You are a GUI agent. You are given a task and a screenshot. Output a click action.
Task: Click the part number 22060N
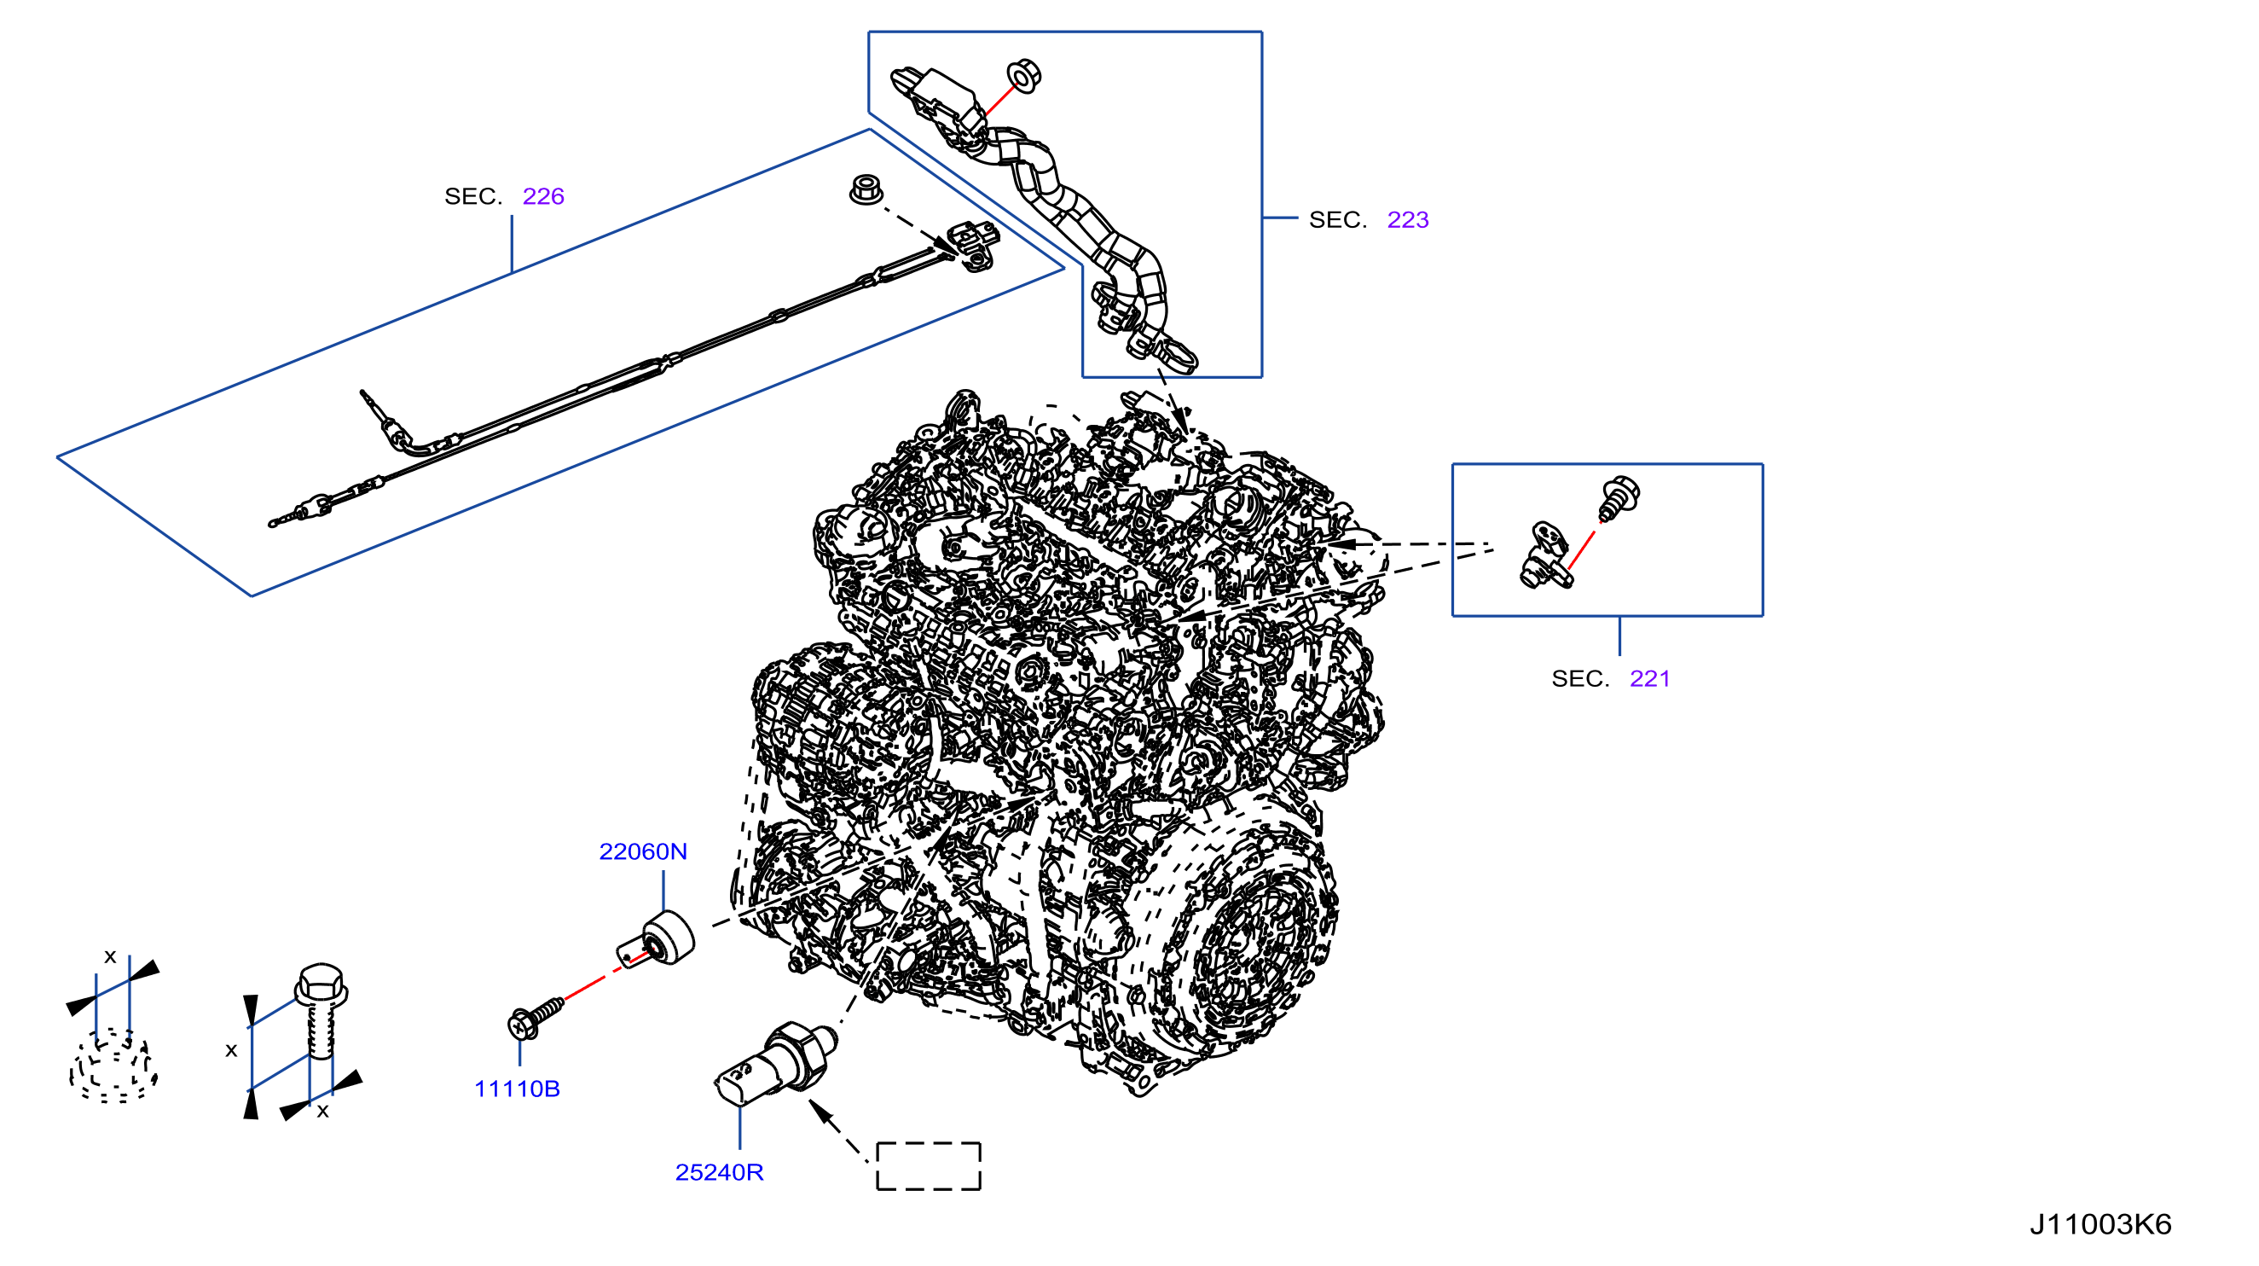[x=643, y=851]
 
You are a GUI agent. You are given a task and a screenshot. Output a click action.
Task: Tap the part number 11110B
[x=517, y=1089]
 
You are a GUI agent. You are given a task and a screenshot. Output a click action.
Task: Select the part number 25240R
[x=719, y=1172]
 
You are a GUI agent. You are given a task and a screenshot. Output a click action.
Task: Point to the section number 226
[x=543, y=195]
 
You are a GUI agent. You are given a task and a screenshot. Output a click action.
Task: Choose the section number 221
[x=1649, y=678]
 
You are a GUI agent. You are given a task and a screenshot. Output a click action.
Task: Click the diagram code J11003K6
[x=2100, y=1224]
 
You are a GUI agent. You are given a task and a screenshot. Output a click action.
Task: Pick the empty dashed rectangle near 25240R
[x=929, y=1166]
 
